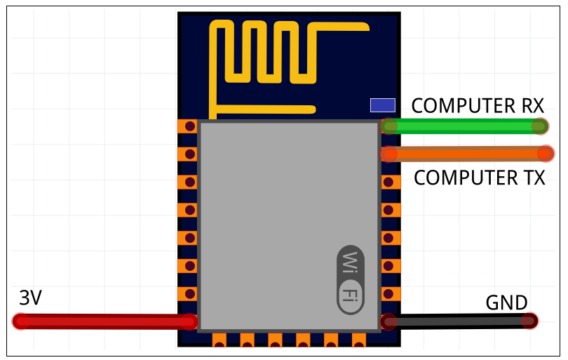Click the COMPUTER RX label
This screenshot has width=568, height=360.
[477, 106]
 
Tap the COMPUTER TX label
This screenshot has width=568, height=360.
[479, 178]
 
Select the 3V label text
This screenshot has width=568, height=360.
[30, 298]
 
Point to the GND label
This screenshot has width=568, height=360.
[506, 303]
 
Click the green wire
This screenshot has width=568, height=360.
[463, 126]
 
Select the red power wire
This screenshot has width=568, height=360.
[105, 321]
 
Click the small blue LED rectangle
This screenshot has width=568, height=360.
[383, 105]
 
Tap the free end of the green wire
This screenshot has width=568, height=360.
[539, 126]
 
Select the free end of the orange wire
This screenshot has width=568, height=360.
[545, 153]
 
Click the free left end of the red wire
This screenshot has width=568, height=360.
[22, 321]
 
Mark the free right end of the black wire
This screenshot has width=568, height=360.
[529, 321]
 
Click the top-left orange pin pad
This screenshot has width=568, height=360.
[187, 126]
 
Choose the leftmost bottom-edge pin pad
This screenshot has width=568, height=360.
[219, 340]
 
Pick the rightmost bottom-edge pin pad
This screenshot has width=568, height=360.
[359, 340]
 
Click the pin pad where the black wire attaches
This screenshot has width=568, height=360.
[389, 321]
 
